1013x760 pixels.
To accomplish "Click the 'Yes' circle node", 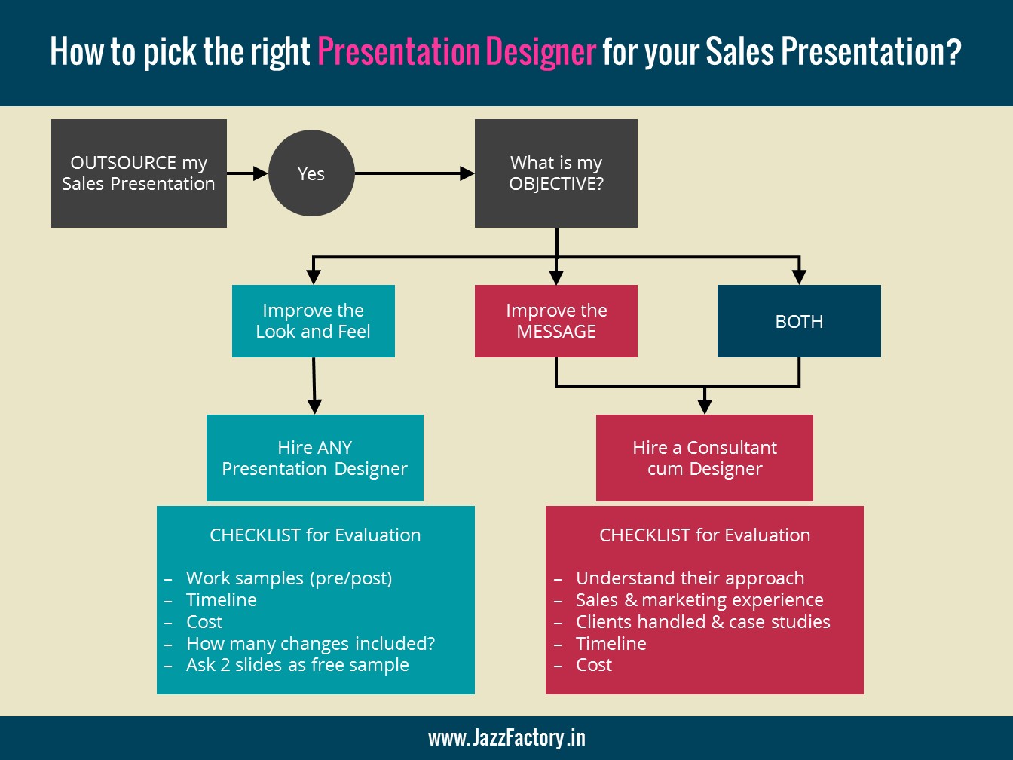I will pyautogui.click(x=311, y=173).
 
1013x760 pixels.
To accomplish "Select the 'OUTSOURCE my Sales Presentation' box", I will pyautogui.click(x=139, y=173).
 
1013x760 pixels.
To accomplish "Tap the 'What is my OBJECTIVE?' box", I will pyautogui.click(x=556, y=173).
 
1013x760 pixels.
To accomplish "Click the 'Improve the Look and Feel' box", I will pyautogui.click(x=313, y=321).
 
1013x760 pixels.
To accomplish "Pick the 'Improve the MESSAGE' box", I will pyautogui.click(x=556, y=321).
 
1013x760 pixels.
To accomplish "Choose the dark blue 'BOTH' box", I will pyautogui.click(x=799, y=321).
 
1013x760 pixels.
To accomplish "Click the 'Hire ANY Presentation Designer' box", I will pyautogui.click(x=314, y=458).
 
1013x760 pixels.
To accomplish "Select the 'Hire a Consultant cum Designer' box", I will pyautogui.click(x=705, y=458).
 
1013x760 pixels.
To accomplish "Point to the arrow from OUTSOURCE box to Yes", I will pyautogui.click(x=247, y=173).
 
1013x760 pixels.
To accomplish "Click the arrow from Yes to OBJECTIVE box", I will pyautogui.click(x=415, y=173).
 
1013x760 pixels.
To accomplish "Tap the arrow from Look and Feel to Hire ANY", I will pyautogui.click(x=314, y=385).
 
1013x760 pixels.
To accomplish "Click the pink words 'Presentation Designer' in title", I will pyautogui.click(x=457, y=52).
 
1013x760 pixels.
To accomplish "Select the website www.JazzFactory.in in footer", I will pyautogui.click(x=506, y=737).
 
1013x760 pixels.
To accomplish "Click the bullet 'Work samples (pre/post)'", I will pyautogui.click(x=289, y=578).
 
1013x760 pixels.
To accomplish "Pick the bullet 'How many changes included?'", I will pyautogui.click(x=311, y=644).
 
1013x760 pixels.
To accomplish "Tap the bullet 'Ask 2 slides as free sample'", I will pyautogui.click(x=298, y=665).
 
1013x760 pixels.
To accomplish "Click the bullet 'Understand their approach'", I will pyautogui.click(x=690, y=578).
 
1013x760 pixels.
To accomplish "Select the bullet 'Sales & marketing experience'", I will pyautogui.click(x=699, y=600).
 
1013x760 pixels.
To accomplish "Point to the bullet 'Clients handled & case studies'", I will pyautogui.click(x=702, y=622).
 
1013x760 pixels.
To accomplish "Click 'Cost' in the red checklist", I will pyautogui.click(x=594, y=665).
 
